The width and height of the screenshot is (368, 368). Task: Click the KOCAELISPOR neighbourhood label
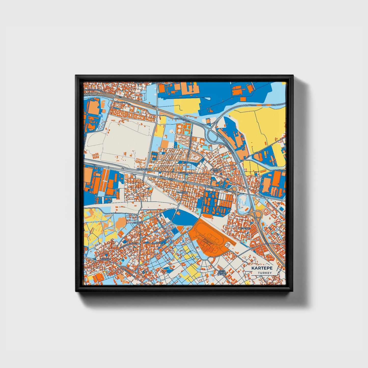point(144,169)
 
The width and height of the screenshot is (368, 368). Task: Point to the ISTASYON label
point(182,193)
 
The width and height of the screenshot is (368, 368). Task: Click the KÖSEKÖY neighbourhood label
point(105,259)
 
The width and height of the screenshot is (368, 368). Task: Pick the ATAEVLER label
point(245,228)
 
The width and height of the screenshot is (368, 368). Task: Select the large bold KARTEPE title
point(262,268)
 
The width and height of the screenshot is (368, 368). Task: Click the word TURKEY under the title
point(265,273)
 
